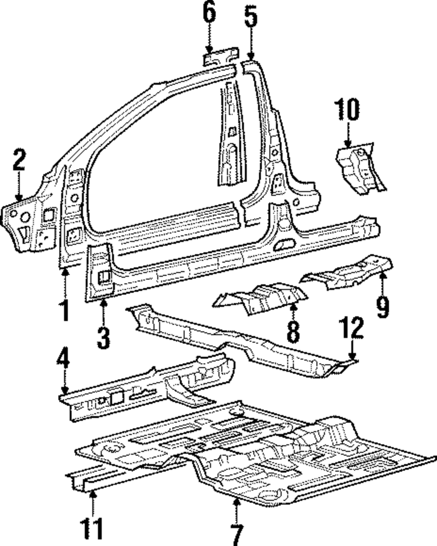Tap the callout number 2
pyautogui.click(x=18, y=160)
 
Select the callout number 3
pyautogui.click(x=103, y=338)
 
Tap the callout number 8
pyautogui.click(x=293, y=331)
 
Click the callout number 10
pyautogui.click(x=347, y=110)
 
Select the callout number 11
pyautogui.click(x=92, y=529)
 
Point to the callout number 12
pyautogui.click(x=353, y=329)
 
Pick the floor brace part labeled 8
pyautogui.click(x=262, y=298)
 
